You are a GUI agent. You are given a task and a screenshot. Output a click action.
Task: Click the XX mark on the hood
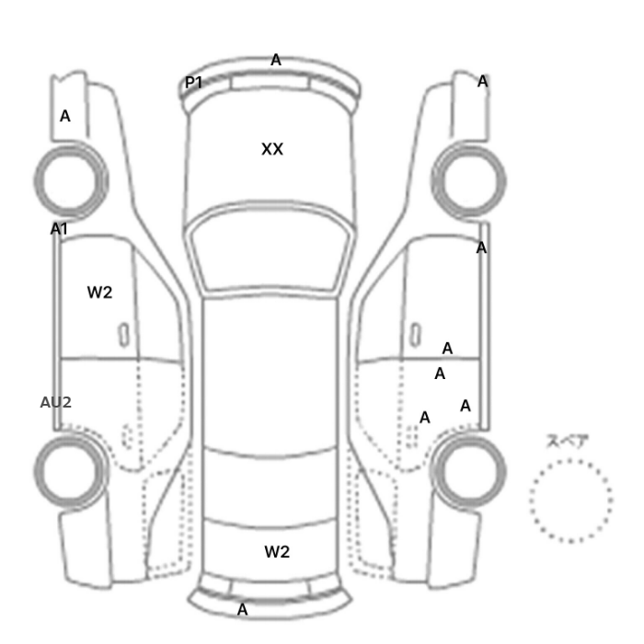click(272, 149)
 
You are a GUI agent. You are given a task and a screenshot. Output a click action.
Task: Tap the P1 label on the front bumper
click(193, 83)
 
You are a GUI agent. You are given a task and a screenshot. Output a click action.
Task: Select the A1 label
click(59, 229)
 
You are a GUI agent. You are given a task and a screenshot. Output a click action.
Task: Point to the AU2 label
click(56, 403)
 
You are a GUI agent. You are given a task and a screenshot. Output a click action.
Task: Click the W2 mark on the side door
click(99, 293)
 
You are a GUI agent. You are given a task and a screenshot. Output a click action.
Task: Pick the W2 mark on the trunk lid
click(277, 552)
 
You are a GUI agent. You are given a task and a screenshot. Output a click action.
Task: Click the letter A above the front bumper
click(276, 60)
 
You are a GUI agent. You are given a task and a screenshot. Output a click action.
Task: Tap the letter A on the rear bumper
click(243, 609)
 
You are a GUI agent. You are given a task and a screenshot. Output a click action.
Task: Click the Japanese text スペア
click(568, 441)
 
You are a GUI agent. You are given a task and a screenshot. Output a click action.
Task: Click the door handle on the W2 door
click(123, 335)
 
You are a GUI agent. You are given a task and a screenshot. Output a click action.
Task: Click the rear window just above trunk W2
click(270, 489)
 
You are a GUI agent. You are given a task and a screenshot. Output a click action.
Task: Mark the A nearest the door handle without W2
click(447, 349)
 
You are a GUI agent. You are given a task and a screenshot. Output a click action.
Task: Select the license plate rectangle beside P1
click(270, 82)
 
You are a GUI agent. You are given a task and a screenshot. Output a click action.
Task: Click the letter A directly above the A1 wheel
click(65, 116)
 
